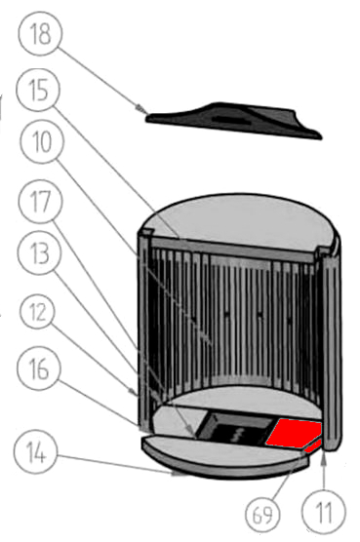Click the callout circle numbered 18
pyautogui.click(x=40, y=33)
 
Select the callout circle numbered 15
pyautogui.click(x=38, y=90)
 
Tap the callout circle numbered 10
pyautogui.click(x=42, y=141)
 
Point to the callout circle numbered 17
pyautogui.click(x=40, y=201)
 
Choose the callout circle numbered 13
pyautogui.click(x=39, y=252)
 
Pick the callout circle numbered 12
pyautogui.click(x=38, y=312)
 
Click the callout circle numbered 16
pyautogui.click(x=39, y=368)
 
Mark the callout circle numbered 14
pyautogui.click(x=36, y=452)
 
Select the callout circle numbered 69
pyautogui.click(x=262, y=515)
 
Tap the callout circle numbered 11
pyautogui.click(x=324, y=513)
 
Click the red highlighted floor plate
pyautogui.click(x=295, y=435)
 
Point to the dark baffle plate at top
pyautogui.click(x=234, y=120)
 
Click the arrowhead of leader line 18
pyautogui.click(x=141, y=109)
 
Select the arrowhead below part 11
pyautogui.click(x=324, y=458)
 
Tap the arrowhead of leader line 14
pyautogui.click(x=180, y=474)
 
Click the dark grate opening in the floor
pyautogui.click(x=235, y=429)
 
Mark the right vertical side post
pyautogui.click(x=331, y=349)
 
